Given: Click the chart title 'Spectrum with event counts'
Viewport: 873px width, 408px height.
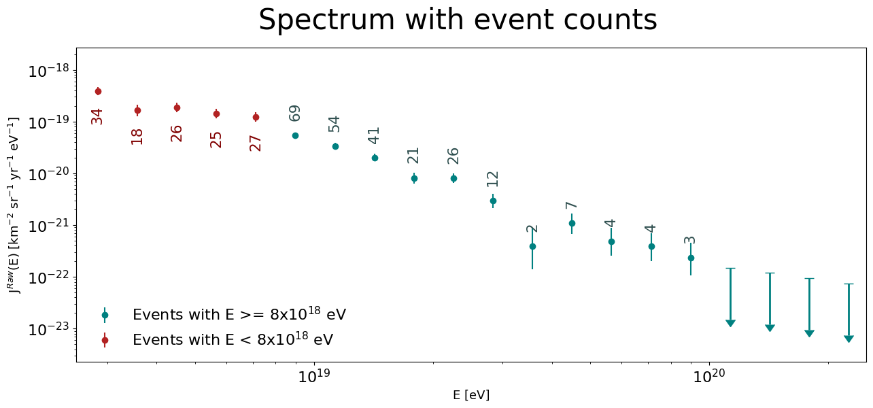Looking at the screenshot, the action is pyautogui.click(x=458, y=20).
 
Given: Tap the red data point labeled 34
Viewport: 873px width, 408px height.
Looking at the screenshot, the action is pyautogui.click(x=98, y=92).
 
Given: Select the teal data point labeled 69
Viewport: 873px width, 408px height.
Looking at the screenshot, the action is pyautogui.click(x=295, y=135).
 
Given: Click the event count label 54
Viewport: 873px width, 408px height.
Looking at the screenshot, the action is pyautogui.click(x=334, y=124).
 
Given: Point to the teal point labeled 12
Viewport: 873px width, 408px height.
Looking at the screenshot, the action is pyautogui.click(x=493, y=201).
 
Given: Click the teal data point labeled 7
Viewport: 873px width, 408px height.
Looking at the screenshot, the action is pyautogui.click(x=572, y=223).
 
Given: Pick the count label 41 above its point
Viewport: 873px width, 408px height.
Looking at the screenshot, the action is pyautogui.click(x=373, y=135).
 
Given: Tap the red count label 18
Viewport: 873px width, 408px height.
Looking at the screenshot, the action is pyautogui.click(x=137, y=137).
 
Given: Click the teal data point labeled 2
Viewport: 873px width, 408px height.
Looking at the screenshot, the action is pyautogui.click(x=533, y=246).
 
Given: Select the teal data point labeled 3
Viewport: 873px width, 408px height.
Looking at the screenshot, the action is pyautogui.click(x=691, y=258).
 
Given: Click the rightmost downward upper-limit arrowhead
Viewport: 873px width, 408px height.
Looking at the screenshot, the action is pyautogui.click(x=849, y=339).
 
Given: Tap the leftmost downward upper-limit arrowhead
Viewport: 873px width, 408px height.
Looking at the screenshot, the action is pyautogui.click(x=730, y=324).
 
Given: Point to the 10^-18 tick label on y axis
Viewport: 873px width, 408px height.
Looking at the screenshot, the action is pyautogui.click(x=48, y=71).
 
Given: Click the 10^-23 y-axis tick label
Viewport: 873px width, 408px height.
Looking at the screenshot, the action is pyautogui.click(x=48, y=330).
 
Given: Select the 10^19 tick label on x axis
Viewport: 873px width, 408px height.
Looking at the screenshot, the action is pyautogui.click(x=314, y=376).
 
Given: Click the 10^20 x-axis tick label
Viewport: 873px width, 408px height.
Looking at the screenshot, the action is pyautogui.click(x=709, y=376).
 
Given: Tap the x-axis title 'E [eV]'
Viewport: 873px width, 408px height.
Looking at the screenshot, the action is pyautogui.click(x=471, y=395).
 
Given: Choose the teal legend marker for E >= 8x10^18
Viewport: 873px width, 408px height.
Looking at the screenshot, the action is pyautogui.click(x=105, y=315).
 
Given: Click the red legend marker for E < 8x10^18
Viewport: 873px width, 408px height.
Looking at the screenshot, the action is pyautogui.click(x=105, y=340).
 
